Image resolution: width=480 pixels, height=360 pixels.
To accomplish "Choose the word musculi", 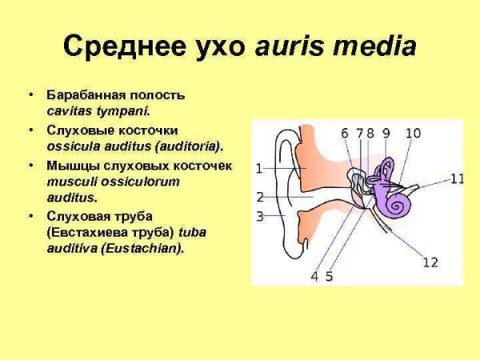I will coord(70,182).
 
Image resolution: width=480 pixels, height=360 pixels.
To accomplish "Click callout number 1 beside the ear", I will coord(259,169).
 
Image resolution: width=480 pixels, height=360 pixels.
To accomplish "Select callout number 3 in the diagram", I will coord(259,216).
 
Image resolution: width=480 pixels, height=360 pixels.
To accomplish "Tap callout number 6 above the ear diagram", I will coord(345,134).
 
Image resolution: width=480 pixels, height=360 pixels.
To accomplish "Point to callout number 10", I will coord(413,134).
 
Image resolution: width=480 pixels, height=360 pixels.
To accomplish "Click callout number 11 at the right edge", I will coord(457,179).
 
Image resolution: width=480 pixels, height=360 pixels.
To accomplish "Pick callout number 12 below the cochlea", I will coord(430,262).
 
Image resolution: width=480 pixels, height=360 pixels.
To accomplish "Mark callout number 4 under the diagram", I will coord(314,277).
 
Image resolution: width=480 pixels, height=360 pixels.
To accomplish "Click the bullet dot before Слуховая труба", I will coord(31,217).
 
